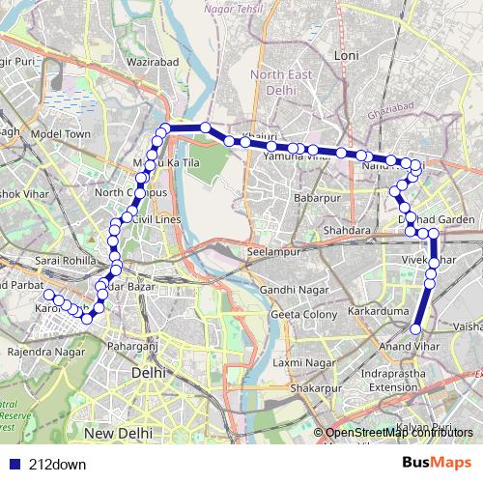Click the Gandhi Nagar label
click(290, 290)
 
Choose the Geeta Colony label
click(304, 314)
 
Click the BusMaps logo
click(437, 464)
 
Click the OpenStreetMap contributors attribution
click(400, 434)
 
